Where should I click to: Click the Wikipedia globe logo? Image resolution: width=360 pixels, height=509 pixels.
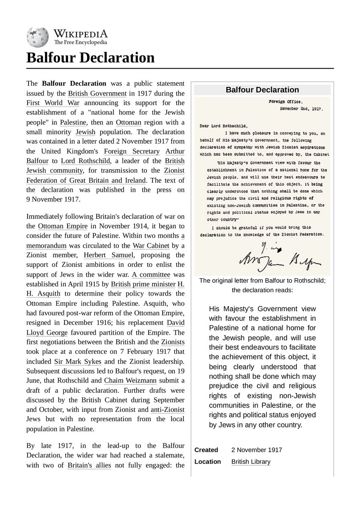[37, 37]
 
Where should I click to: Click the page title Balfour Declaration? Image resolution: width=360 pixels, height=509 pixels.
[90, 57]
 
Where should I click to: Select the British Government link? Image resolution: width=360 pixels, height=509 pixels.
[97, 93]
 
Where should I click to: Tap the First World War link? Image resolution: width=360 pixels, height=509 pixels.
[53, 103]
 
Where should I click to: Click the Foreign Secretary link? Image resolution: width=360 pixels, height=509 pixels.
[132, 151]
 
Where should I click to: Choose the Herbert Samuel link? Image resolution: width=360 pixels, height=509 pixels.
[108, 255]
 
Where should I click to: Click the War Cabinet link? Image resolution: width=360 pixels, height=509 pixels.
[151, 245]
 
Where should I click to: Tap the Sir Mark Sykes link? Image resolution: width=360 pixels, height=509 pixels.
[78, 361]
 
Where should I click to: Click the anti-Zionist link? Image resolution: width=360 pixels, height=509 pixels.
[168, 410]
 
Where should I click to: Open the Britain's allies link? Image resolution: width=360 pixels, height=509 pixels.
[89, 465]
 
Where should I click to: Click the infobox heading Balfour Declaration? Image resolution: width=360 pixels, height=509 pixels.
[262, 90]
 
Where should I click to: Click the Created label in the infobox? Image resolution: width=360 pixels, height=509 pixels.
[206, 450]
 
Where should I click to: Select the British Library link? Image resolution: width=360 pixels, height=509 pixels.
[251, 462]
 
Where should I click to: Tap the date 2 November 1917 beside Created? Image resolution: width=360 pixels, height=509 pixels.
[256, 450]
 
